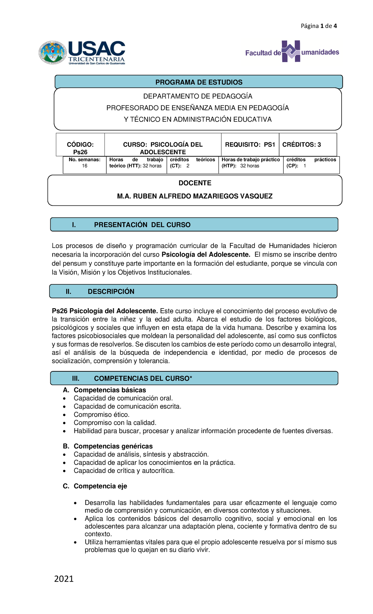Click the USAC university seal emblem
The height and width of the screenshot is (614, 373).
[x=53, y=53]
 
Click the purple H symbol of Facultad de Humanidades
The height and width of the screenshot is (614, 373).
[x=291, y=51]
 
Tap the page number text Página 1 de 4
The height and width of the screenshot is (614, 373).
[x=319, y=26]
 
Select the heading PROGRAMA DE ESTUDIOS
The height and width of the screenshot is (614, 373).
[x=199, y=82]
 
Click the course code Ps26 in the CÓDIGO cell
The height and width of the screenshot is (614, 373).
[x=80, y=152]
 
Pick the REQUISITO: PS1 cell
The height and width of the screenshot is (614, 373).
[x=250, y=144]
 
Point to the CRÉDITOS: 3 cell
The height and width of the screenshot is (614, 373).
[x=301, y=144]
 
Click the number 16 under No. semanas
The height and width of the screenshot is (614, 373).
[x=85, y=166]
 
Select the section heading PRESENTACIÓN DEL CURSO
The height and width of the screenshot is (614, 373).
[x=142, y=225]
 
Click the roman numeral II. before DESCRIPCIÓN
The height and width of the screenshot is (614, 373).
[x=68, y=291]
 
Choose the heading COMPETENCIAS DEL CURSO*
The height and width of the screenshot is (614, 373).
[x=143, y=378]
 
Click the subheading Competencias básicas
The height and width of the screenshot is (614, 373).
[x=109, y=390]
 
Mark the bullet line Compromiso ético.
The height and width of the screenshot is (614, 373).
[x=101, y=415]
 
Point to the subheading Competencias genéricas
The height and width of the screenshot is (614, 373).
[x=113, y=446]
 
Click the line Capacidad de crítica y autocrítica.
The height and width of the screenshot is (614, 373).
[x=124, y=471]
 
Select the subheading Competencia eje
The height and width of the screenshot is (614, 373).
[x=100, y=486]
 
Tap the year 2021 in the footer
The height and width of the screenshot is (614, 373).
[x=64, y=579]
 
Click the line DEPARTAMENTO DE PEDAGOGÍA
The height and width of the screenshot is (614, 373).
[x=198, y=96]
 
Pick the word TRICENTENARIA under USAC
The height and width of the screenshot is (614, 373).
[x=96, y=59]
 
